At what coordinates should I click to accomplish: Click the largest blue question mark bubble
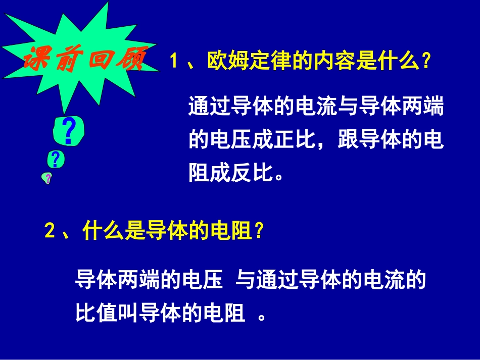point(68,131)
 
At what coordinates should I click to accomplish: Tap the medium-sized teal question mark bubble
point(55,159)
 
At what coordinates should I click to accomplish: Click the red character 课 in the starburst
point(35,61)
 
